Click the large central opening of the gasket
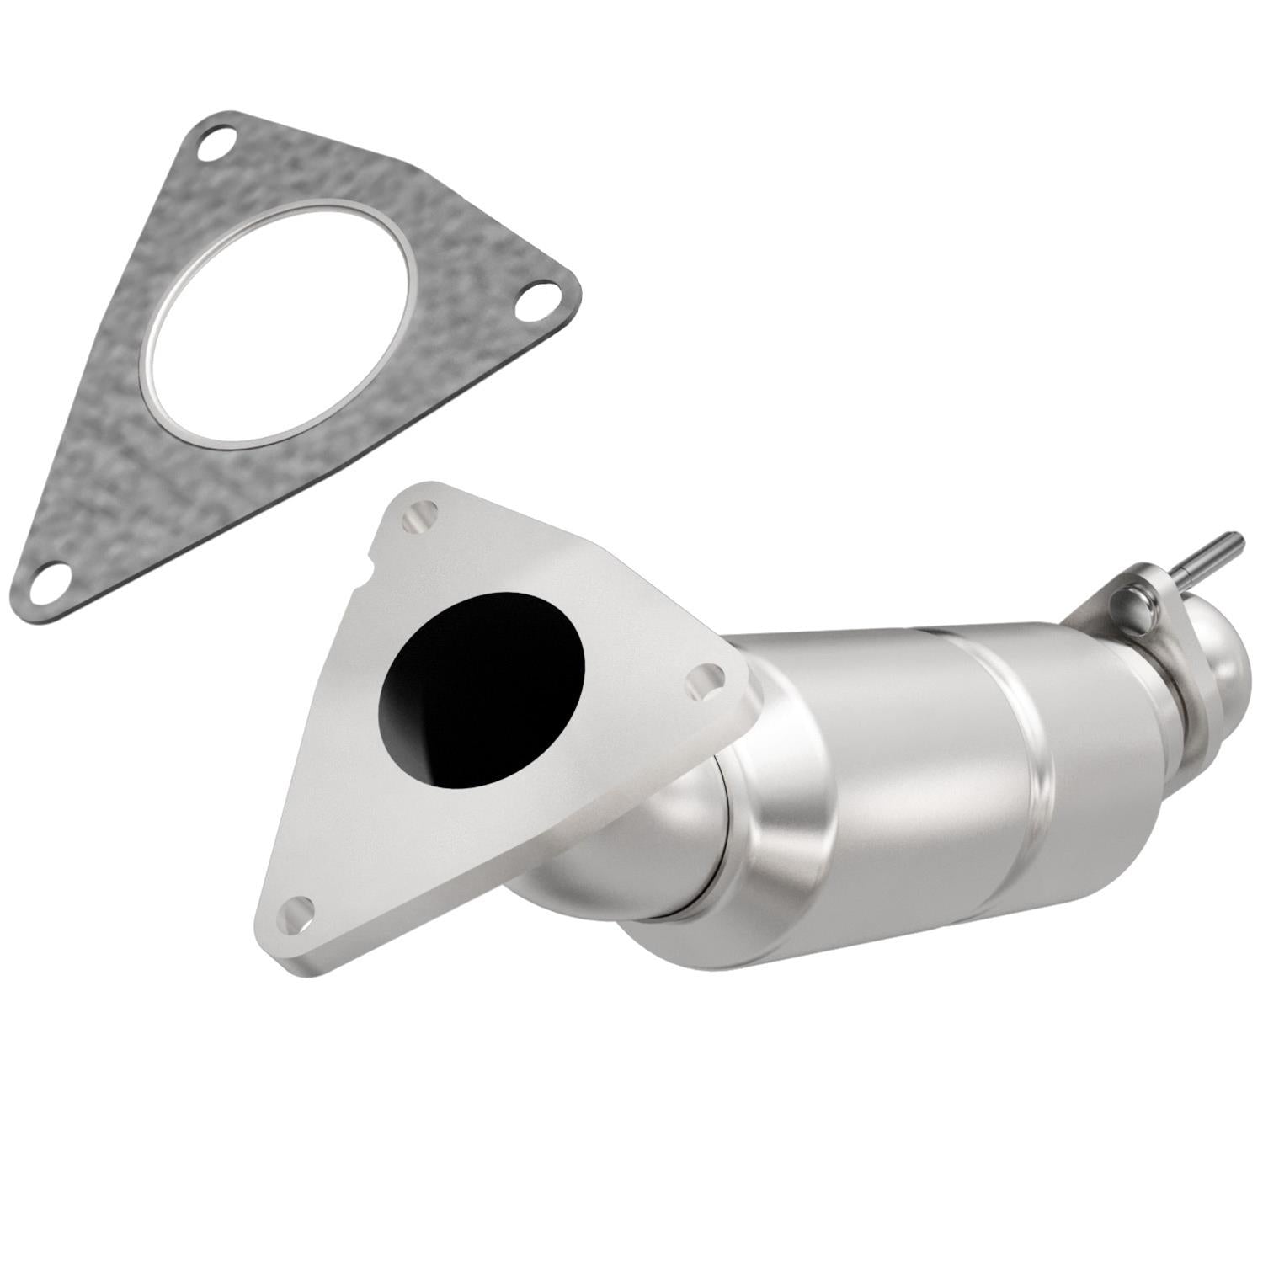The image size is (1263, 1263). point(278,324)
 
